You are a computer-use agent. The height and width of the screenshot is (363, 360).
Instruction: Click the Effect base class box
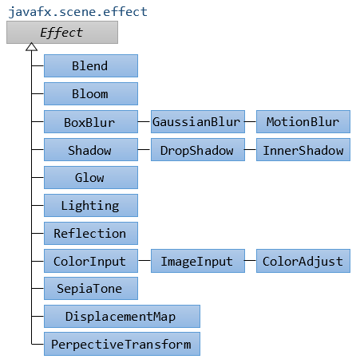(62, 33)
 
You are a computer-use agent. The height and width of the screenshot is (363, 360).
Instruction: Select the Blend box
(91, 66)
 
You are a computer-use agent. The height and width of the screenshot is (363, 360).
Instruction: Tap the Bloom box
(91, 93)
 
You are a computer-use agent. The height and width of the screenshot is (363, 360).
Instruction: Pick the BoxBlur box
(91, 122)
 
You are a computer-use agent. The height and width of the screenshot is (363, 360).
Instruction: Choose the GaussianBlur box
(198, 122)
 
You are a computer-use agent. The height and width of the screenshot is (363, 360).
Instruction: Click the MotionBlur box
(303, 122)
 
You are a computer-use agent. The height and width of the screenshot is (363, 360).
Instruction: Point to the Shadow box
(91, 149)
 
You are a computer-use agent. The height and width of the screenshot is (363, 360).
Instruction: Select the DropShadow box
(198, 149)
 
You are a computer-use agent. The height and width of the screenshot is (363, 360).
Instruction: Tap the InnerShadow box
(303, 149)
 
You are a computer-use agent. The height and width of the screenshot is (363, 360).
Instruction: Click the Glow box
(91, 177)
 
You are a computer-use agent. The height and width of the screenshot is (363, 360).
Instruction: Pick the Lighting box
(91, 205)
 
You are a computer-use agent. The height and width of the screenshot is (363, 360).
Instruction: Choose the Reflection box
(91, 233)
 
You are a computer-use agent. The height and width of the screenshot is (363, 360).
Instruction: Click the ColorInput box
(91, 261)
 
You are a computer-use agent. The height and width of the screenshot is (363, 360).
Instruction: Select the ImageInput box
(198, 261)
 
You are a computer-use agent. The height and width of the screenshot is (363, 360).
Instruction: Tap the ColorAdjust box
(303, 261)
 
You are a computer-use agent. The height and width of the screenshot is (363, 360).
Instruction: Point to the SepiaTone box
(91, 288)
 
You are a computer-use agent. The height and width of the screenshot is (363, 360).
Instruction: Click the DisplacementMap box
(122, 316)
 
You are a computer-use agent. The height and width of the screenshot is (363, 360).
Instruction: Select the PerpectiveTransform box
(122, 344)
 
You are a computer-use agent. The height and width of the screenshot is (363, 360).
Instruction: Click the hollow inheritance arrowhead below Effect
(31, 47)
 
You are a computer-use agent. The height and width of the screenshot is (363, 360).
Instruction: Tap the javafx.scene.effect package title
(77, 12)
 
